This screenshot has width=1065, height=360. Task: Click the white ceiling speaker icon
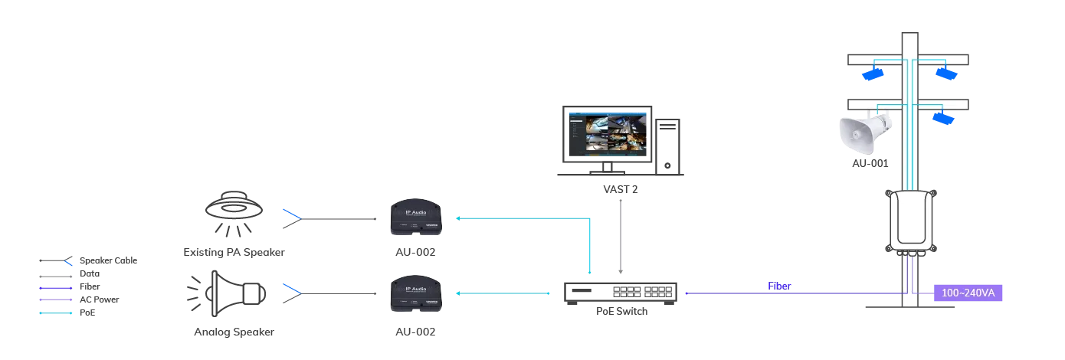click(234, 205)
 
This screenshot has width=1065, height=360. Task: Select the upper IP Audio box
click(415, 218)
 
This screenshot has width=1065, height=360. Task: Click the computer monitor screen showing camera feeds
click(605, 136)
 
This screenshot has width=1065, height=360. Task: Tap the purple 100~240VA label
click(968, 293)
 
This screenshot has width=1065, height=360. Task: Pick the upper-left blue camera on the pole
click(871, 74)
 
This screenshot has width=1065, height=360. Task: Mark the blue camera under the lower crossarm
click(943, 117)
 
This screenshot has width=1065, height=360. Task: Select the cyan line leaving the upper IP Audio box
click(521, 218)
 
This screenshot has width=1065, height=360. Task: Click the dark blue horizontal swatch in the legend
click(55, 288)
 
